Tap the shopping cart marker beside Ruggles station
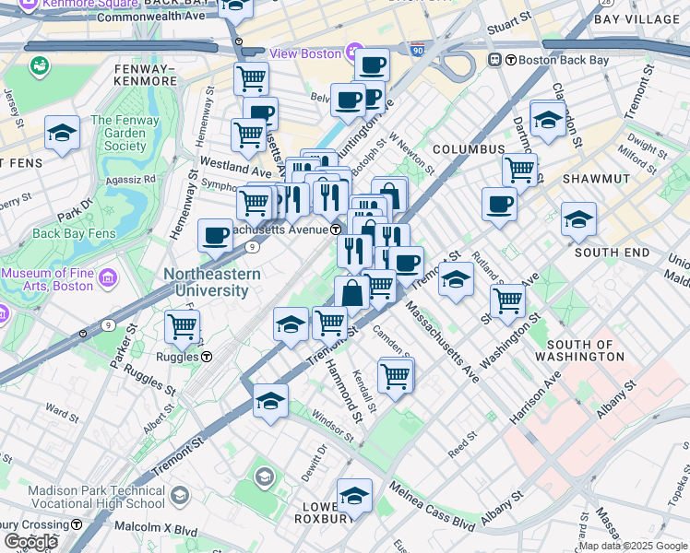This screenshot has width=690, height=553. pyautogui.click(x=183, y=325)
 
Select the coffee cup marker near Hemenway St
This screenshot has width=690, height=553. pyautogui.click(x=215, y=235)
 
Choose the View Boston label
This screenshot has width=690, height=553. pyautogui.click(x=305, y=53)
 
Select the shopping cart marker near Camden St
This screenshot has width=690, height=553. pyautogui.click(x=396, y=374)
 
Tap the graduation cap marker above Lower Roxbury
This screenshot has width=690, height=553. pyautogui.click(x=354, y=496)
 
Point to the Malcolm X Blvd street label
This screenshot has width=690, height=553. pyautogui.click(x=156, y=527)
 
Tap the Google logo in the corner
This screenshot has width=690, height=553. pyautogui.click(x=30, y=541)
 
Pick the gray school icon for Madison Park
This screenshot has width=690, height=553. pyautogui.click(x=265, y=477)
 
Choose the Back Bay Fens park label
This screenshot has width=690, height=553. pyautogui.click(x=74, y=233)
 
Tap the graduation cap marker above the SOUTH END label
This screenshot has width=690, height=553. pyautogui.click(x=578, y=219)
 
